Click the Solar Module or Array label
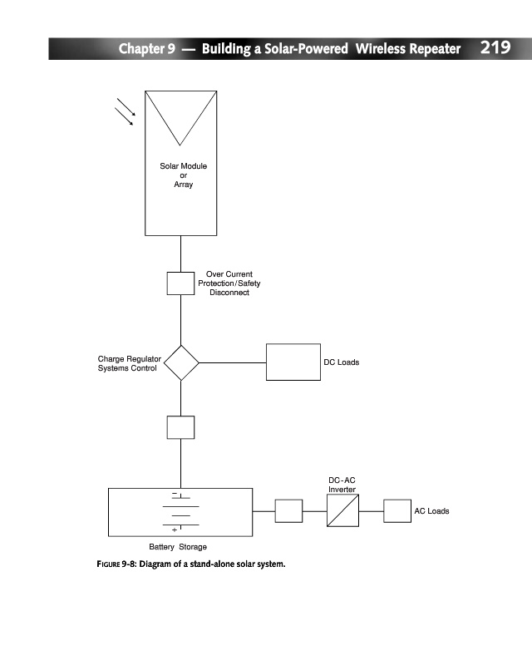183,175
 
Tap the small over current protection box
180,283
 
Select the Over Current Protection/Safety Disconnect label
229,283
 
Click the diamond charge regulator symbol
181,362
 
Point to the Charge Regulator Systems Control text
130,363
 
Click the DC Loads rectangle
293,362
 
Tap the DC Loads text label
341,362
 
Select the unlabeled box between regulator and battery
180,426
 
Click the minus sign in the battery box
175,495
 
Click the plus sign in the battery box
175,530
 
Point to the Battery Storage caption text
178,547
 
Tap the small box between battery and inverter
288,510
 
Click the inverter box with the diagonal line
342,510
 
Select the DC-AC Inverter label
342,485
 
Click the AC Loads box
397,510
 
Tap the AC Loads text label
431,510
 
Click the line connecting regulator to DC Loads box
232,362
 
